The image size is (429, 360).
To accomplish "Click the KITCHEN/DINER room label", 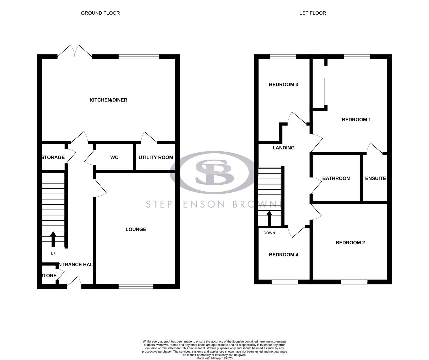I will point(108,100).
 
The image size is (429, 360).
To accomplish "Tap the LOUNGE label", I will point(136,229).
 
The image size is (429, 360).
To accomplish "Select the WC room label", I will point(114,157).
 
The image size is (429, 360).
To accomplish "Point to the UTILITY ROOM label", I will point(156,157).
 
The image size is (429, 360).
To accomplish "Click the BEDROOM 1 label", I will point(356,120).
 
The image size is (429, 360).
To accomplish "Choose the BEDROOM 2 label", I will point(350,243).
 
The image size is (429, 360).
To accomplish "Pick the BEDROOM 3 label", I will point(283,85).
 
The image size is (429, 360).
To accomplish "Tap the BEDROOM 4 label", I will point(283,255).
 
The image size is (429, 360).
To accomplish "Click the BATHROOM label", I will point(336,178).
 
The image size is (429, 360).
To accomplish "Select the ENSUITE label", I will point(375,178).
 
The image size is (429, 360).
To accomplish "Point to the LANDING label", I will point(283,148).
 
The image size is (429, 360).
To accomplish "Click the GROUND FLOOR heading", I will point(100,13).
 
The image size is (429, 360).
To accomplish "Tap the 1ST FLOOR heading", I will point(313,13).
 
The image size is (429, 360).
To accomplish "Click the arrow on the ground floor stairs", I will point(53,239).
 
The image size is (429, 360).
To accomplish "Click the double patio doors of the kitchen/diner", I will point(75,52).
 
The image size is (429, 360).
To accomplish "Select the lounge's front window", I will point(136,286).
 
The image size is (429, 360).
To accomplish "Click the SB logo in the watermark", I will point(214,172).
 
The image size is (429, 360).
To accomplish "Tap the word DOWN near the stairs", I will point(269,233).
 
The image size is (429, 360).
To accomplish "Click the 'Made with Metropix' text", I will point(214,358).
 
